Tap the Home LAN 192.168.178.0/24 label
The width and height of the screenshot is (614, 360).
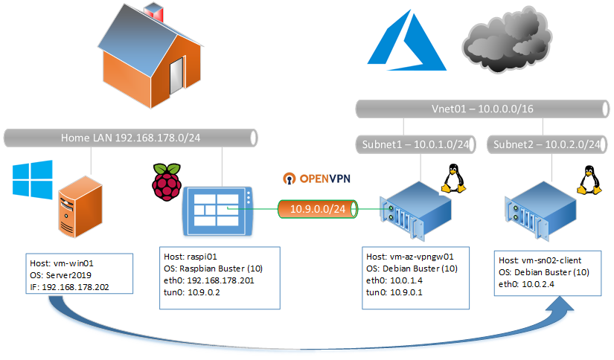point(130,138)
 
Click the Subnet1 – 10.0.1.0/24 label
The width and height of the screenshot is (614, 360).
point(418,144)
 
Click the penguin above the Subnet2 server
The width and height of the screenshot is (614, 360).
point(589,179)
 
